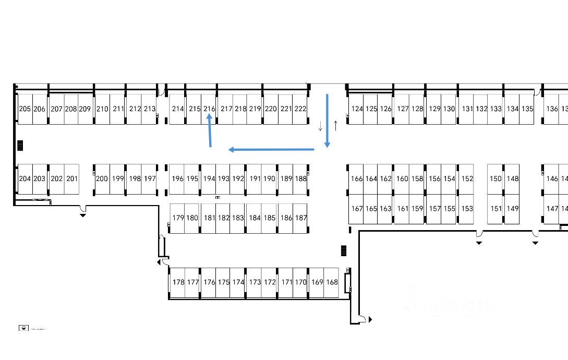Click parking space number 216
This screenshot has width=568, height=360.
click(209, 109)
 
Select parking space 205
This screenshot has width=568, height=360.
click(25, 109)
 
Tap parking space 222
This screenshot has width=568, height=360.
click(300, 109)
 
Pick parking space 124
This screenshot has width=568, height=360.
click(357, 109)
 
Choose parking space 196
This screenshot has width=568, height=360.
click(177, 179)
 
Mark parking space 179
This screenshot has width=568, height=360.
click(178, 218)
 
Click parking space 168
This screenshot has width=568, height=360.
click(332, 283)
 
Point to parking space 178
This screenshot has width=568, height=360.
click(178, 283)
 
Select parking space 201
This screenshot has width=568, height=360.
click(72, 179)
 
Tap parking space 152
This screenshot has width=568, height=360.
click(467, 179)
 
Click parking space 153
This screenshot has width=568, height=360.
click(467, 209)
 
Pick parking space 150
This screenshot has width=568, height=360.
click(496, 179)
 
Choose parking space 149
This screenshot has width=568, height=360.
click(513, 209)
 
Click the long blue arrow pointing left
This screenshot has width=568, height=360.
click(271, 150)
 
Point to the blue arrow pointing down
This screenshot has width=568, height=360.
click(327, 121)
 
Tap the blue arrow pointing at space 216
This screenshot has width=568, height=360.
click(210, 131)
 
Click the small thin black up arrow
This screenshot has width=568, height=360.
click(335, 125)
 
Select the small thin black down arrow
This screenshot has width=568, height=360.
click(320, 126)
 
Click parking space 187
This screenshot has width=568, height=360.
click(301, 218)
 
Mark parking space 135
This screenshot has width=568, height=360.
click(527, 109)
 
